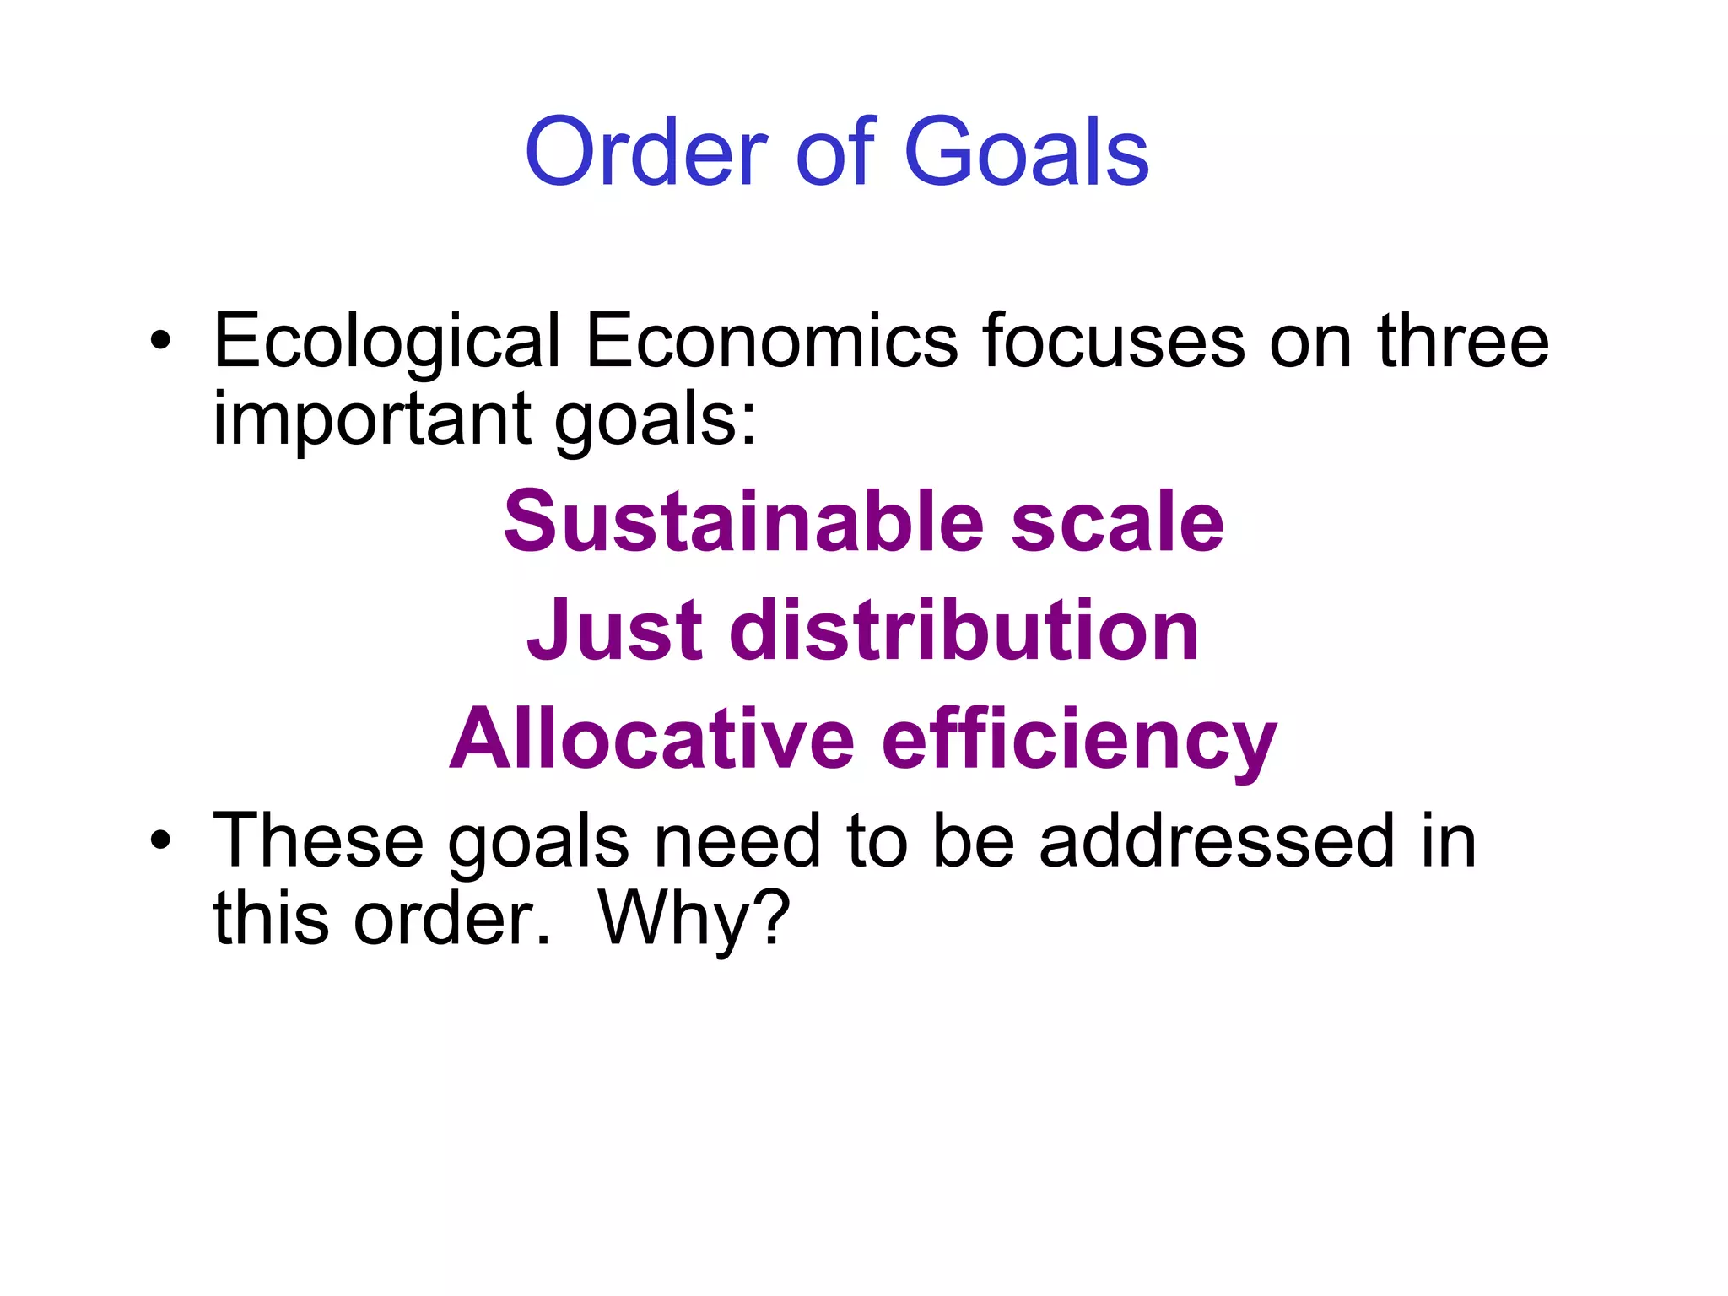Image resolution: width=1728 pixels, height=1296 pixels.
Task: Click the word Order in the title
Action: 646,153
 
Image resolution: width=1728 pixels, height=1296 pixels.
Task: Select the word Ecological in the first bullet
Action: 387,342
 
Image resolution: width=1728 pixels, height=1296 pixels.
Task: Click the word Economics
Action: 772,342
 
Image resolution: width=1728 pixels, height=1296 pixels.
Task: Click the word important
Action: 372,419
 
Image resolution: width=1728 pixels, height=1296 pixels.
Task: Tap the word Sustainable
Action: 743,522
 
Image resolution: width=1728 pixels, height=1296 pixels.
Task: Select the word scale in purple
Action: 1117,522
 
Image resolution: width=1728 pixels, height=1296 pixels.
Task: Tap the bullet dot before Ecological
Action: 159,342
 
